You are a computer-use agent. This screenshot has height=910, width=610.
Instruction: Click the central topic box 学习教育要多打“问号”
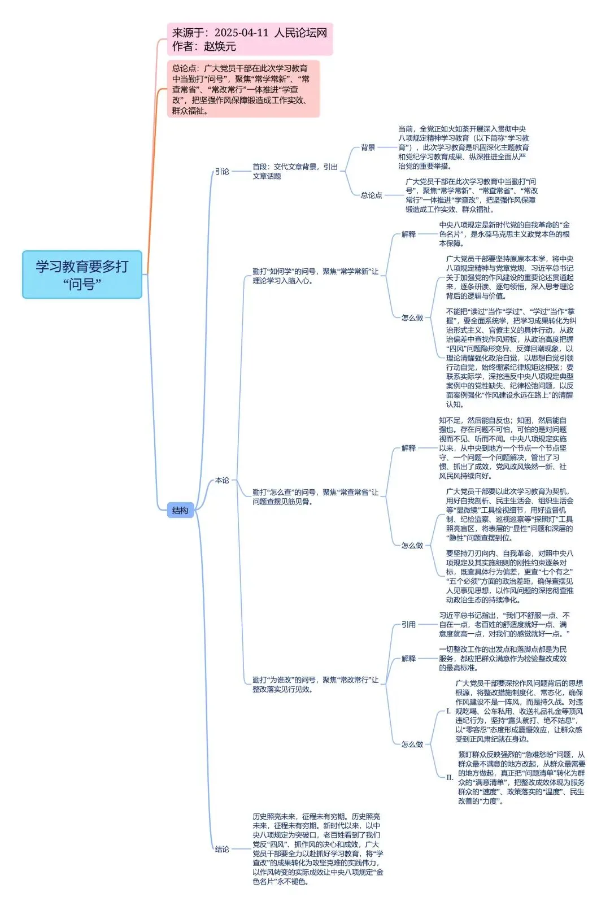pyautogui.click(x=82, y=275)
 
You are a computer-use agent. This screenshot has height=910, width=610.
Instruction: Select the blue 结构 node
pyautogui.click(x=180, y=511)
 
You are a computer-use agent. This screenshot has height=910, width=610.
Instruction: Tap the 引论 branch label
pyautogui.click(x=222, y=171)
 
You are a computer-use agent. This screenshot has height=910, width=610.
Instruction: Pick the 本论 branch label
pyautogui.click(x=222, y=480)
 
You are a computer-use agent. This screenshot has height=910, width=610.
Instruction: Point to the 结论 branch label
pyautogui.click(x=222, y=849)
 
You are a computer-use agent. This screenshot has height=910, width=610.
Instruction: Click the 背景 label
pyautogui.click(x=368, y=147)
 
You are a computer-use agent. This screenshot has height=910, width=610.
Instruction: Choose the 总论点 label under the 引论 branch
pyautogui.click(x=372, y=195)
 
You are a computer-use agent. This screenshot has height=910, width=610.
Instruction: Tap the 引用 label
pyautogui.click(x=408, y=624)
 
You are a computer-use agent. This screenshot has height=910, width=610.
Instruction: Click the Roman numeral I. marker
pyautogui.click(x=448, y=711)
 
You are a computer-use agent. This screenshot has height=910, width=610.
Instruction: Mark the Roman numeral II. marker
pyautogui.click(x=450, y=777)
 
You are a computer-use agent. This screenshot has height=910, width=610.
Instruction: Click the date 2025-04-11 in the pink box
pyautogui.click(x=241, y=33)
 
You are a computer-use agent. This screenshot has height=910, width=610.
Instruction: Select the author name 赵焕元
pyautogui.click(x=220, y=46)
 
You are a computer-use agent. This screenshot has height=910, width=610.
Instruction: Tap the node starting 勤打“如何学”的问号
pyautogui.click(x=315, y=276)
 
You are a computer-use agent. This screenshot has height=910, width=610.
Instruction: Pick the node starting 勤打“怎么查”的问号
pyautogui.click(x=315, y=497)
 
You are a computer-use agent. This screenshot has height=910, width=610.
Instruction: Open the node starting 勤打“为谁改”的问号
pyautogui.click(x=315, y=684)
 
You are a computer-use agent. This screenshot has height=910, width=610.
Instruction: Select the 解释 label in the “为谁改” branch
pyautogui.click(x=408, y=659)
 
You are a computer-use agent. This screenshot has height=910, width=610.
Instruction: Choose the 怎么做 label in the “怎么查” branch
pyautogui.click(x=412, y=545)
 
